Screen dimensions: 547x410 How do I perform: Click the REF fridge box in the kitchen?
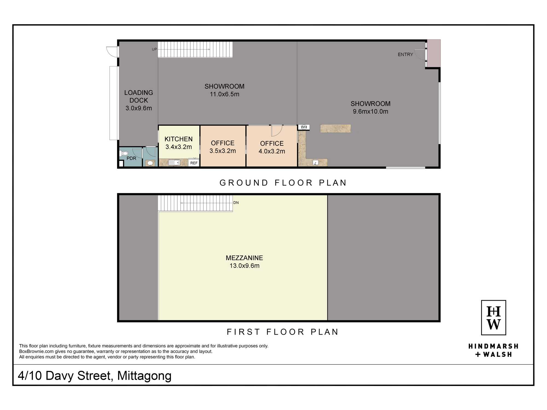coord(194,163)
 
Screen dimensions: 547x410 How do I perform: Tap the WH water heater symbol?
coord(304,127)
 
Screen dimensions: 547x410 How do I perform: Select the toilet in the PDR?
coord(124,153)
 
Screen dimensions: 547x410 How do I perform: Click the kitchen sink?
coord(174,163)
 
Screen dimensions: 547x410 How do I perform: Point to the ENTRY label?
coord(405,55)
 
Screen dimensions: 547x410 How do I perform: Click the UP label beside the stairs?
coord(155,49)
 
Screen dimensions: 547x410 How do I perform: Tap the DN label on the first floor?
coord(236,203)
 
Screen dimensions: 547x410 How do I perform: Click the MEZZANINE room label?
coord(244,258)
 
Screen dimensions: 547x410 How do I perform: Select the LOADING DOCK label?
coord(139,96)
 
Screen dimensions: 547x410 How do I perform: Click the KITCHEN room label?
coord(179,139)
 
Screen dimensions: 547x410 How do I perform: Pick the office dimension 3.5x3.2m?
coord(223,151)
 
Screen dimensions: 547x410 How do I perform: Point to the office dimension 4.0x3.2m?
coord(272,151)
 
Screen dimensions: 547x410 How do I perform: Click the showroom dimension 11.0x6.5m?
coord(225,94)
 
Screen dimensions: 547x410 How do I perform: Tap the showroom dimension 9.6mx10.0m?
coord(371,112)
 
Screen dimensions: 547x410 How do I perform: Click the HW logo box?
coord(494,318)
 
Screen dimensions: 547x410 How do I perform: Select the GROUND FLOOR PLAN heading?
coord(283,183)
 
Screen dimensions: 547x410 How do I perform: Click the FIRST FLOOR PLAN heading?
coord(283,332)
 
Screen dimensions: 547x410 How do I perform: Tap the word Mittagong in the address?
coord(144,376)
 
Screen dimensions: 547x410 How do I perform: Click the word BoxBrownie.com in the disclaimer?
coord(36,352)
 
